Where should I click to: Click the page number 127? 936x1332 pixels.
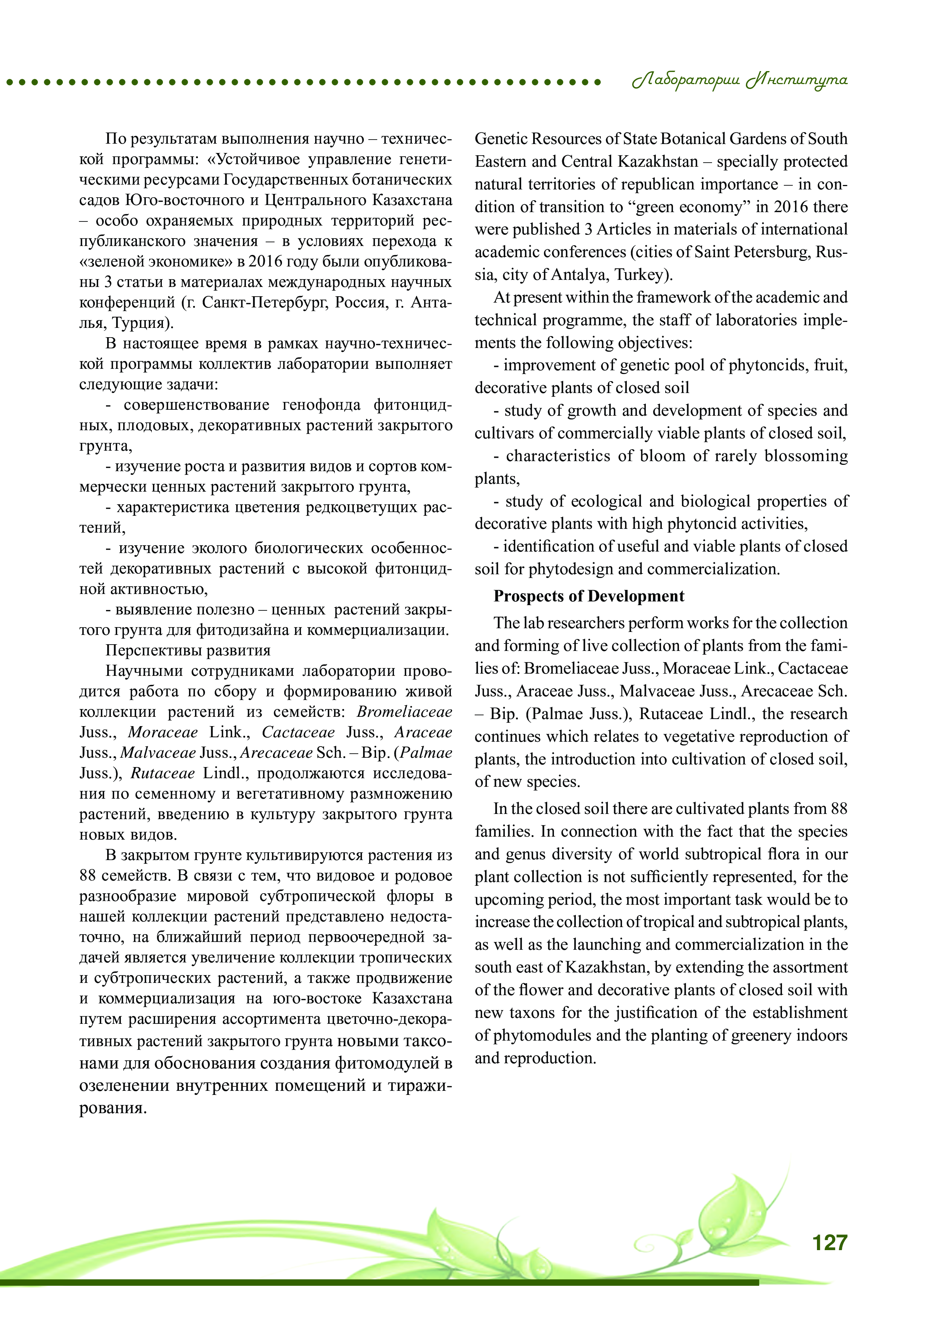click(x=829, y=1242)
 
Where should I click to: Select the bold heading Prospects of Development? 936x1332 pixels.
click(x=589, y=596)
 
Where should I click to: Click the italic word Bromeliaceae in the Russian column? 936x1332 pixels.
click(x=404, y=712)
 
